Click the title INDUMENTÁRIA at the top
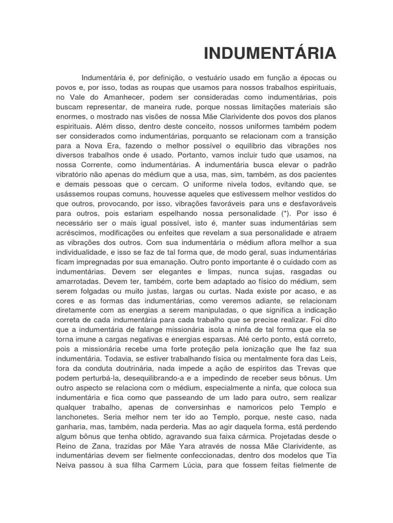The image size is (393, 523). (270, 53)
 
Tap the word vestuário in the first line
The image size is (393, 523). (208, 78)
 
